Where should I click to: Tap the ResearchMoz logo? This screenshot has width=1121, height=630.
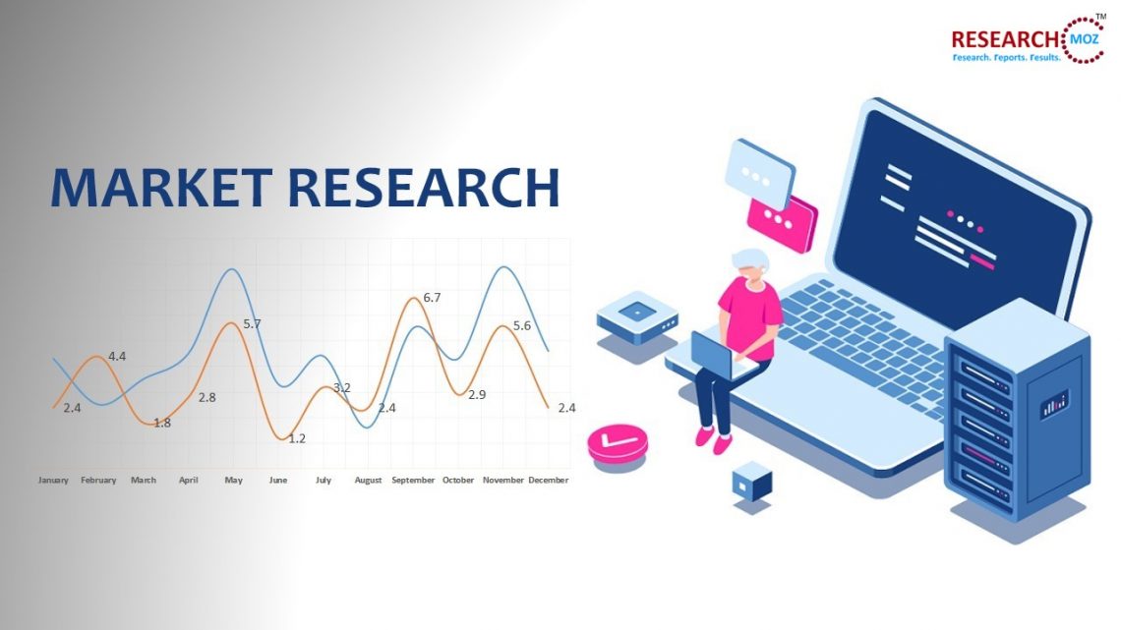point(1027,40)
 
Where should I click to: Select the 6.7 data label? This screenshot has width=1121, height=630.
point(432,297)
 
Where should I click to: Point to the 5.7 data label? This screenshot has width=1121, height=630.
point(252,323)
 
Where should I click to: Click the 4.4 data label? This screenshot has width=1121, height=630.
point(117,356)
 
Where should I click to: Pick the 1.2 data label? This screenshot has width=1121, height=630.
point(297,438)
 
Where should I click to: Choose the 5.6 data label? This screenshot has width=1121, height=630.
point(522,325)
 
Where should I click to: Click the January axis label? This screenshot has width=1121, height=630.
point(53,481)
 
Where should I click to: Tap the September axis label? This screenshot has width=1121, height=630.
point(413,481)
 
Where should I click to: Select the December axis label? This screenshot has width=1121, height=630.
point(549,481)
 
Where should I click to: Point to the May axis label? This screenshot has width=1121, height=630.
point(233,481)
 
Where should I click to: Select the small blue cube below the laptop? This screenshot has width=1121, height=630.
point(752,482)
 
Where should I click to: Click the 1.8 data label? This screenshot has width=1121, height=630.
point(162,423)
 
